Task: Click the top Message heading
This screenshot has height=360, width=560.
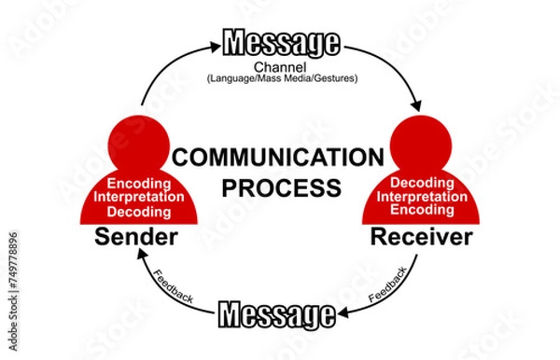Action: pos(280,43)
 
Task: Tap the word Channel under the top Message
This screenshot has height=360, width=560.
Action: pos(280,68)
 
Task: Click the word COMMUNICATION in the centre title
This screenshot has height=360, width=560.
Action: pos(279,158)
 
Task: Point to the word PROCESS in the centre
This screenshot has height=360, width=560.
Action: pos(280,187)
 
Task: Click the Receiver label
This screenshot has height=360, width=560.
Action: pos(421,238)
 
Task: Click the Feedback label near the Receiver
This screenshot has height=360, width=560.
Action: pos(387,284)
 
